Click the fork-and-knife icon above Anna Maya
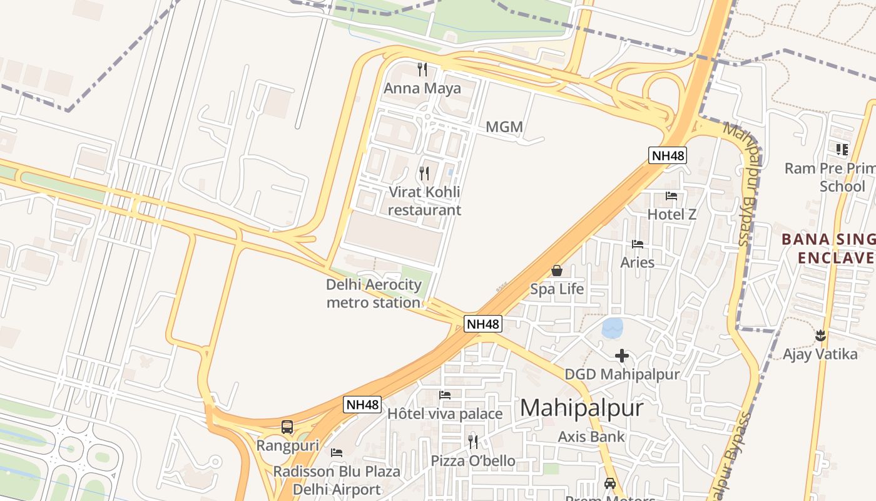[422, 69]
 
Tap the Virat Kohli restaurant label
[424, 201]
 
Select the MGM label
[504, 127]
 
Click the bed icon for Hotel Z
[671, 196]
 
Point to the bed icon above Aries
[638, 244]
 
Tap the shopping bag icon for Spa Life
[556, 271]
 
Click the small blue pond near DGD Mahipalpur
[613, 327]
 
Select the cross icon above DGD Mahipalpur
[621, 356]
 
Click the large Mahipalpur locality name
[581, 408]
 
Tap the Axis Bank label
[591, 436]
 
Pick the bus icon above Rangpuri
[287, 427]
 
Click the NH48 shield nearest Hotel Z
[668, 155]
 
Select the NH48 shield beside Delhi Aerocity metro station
[483, 324]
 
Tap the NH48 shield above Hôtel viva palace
[362, 405]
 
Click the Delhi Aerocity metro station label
[374, 294]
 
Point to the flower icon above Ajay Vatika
[820, 336]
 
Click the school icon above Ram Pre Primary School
[842, 149]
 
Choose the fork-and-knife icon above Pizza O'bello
[473, 442]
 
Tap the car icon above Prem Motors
[610, 483]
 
